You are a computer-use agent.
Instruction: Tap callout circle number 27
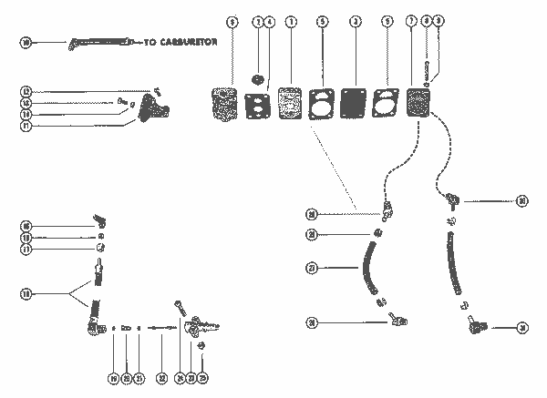tap(312, 267)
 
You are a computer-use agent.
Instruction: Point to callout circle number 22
tap(160, 376)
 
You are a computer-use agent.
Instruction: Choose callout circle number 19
tap(114, 376)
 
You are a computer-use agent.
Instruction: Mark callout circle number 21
tap(139, 376)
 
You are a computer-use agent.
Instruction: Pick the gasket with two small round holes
tap(259, 102)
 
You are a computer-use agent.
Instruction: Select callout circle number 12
tap(27, 91)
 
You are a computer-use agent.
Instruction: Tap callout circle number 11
tap(27, 127)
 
